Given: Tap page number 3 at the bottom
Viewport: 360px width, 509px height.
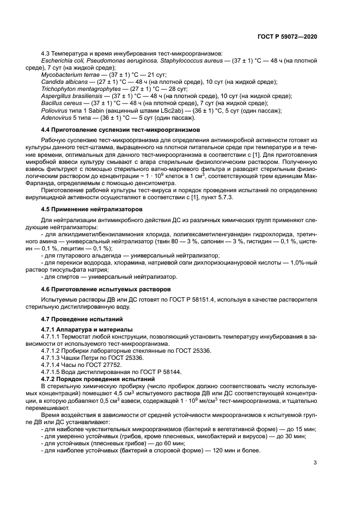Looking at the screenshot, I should click(315, 463).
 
